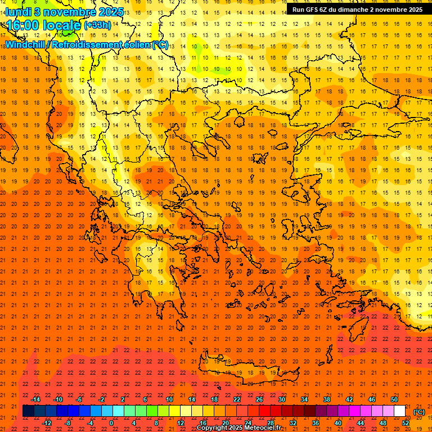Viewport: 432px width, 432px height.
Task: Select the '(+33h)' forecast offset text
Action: click(97, 25)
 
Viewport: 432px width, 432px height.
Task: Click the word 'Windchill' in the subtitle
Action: click(26, 44)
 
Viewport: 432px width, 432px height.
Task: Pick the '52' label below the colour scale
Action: click(406, 423)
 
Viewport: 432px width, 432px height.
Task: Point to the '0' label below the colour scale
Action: click(111, 423)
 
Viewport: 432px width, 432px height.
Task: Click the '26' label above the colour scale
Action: click(259, 399)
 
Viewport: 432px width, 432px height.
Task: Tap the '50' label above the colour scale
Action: click(394, 399)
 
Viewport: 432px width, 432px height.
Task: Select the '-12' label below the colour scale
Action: click(47, 423)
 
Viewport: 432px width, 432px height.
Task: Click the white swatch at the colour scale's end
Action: click(400, 411)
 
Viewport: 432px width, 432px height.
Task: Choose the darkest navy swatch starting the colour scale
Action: click(28, 411)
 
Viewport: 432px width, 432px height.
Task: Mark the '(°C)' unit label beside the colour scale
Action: click(419, 412)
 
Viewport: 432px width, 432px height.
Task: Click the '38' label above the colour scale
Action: click(327, 399)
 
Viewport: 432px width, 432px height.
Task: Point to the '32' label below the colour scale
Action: click(293, 423)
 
